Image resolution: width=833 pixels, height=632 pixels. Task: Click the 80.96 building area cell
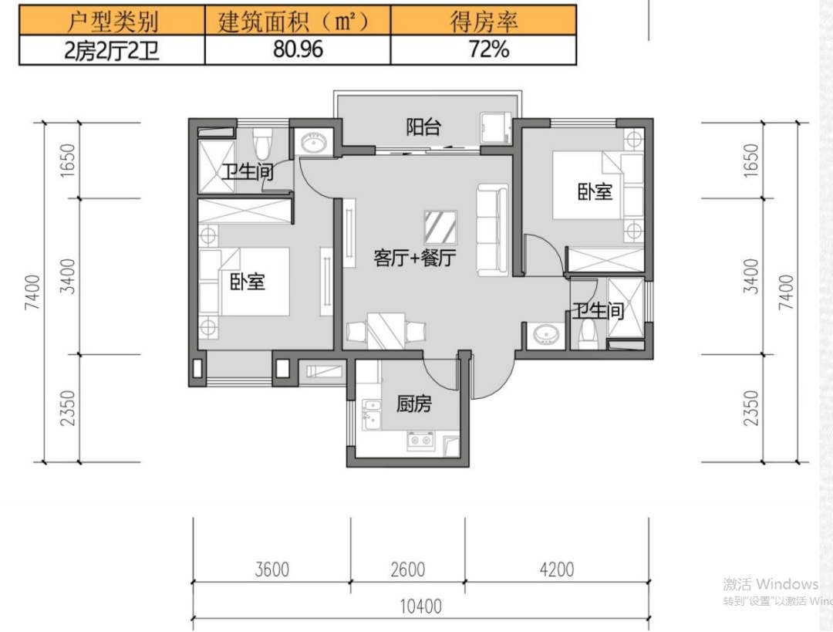pyautogui.click(x=298, y=50)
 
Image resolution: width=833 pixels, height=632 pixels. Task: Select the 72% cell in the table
pyautogui.click(x=484, y=50)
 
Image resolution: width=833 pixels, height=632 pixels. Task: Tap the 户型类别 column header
pyautogui.click(x=112, y=22)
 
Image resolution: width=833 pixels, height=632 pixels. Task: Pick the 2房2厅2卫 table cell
pyautogui.click(x=112, y=50)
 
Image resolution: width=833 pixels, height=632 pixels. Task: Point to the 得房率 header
pyautogui.click(x=484, y=22)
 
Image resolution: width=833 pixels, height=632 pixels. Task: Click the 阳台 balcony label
pyautogui.click(x=423, y=127)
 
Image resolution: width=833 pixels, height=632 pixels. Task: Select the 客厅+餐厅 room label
pyautogui.click(x=415, y=258)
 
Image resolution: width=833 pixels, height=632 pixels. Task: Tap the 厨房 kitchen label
pyautogui.click(x=414, y=404)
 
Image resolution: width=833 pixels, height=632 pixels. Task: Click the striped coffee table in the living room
pyautogui.click(x=440, y=227)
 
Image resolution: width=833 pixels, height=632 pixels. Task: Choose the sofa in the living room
pyautogui.click(x=492, y=230)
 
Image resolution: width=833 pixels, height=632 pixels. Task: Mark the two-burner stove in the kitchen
pyautogui.click(x=420, y=440)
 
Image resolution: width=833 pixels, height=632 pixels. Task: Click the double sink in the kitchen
pyautogui.click(x=371, y=414)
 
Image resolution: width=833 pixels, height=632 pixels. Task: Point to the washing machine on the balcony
pyautogui.click(x=495, y=127)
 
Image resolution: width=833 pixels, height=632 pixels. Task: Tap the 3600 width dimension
pyautogui.click(x=272, y=569)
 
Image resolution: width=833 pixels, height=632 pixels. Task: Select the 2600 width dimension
pyautogui.click(x=407, y=569)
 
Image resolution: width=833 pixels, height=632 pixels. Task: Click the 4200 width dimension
pyautogui.click(x=557, y=569)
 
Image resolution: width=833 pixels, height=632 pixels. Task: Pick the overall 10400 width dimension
pyautogui.click(x=421, y=606)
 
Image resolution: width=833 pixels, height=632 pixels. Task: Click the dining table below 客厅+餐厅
pyautogui.click(x=386, y=331)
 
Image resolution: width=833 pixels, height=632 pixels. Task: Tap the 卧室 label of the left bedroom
pyautogui.click(x=247, y=281)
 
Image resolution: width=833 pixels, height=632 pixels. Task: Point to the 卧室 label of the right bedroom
pyautogui.click(x=595, y=191)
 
